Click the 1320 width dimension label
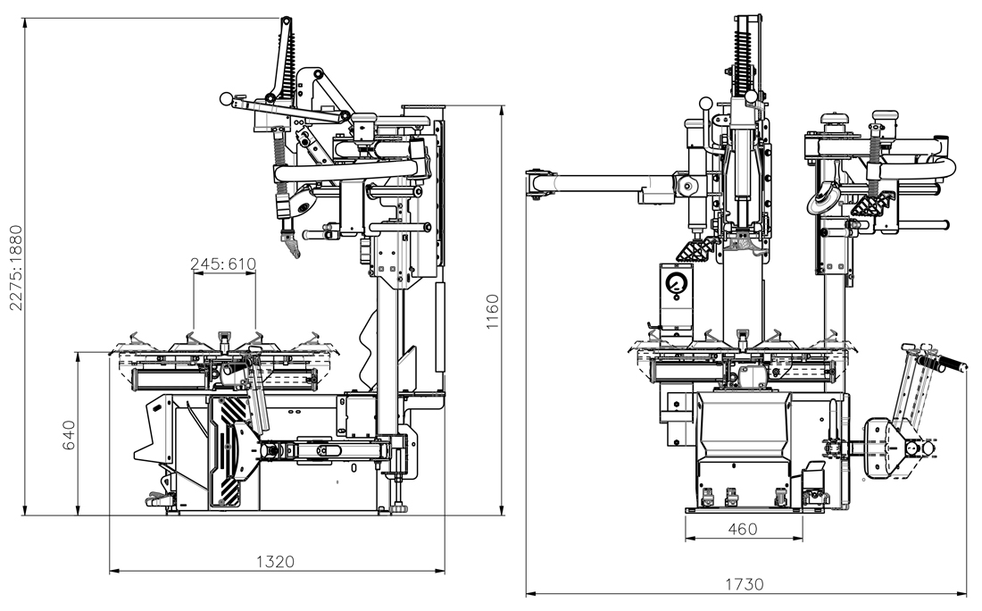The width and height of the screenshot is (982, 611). (x=275, y=561)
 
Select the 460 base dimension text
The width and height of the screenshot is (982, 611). (x=742, y=529)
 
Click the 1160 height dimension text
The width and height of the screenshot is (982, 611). (x=492, y=310)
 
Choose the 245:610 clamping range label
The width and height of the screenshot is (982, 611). (x=223, y=264)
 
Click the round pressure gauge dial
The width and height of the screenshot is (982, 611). (x=676, y=287)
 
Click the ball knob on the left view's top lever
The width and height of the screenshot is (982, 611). (x=227, y=98)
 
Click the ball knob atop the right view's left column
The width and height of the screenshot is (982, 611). (x=709, y=103)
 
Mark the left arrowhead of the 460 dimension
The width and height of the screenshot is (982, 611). (x=688, y=540)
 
